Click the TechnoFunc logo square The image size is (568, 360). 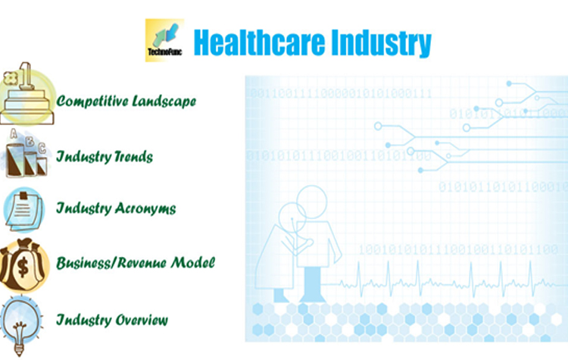(x=164, y=40)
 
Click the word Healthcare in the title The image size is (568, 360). (x=259, y=42)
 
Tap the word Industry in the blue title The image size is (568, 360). (x=381, y=43)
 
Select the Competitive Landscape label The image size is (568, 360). (x=126, y=101)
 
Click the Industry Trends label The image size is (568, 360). (x=105, y=157)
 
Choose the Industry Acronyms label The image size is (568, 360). (x=116, y=208)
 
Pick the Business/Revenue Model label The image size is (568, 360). (x=136, y=262)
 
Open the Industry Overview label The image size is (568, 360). (x=112, y=320)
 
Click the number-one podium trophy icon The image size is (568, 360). (x=27, y=93)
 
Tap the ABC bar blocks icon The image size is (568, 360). (x=25, y=153)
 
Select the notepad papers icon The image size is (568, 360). (x=24, y=209)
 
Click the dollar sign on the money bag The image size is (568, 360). (x=23, y=267)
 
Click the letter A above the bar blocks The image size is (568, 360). (x=14, y=134)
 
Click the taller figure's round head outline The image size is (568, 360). (x=312, y=202)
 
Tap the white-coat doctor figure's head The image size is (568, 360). (x=292, y=218)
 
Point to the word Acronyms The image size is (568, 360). (x=145, y=208)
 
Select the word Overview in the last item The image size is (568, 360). (x=142, y=320)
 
